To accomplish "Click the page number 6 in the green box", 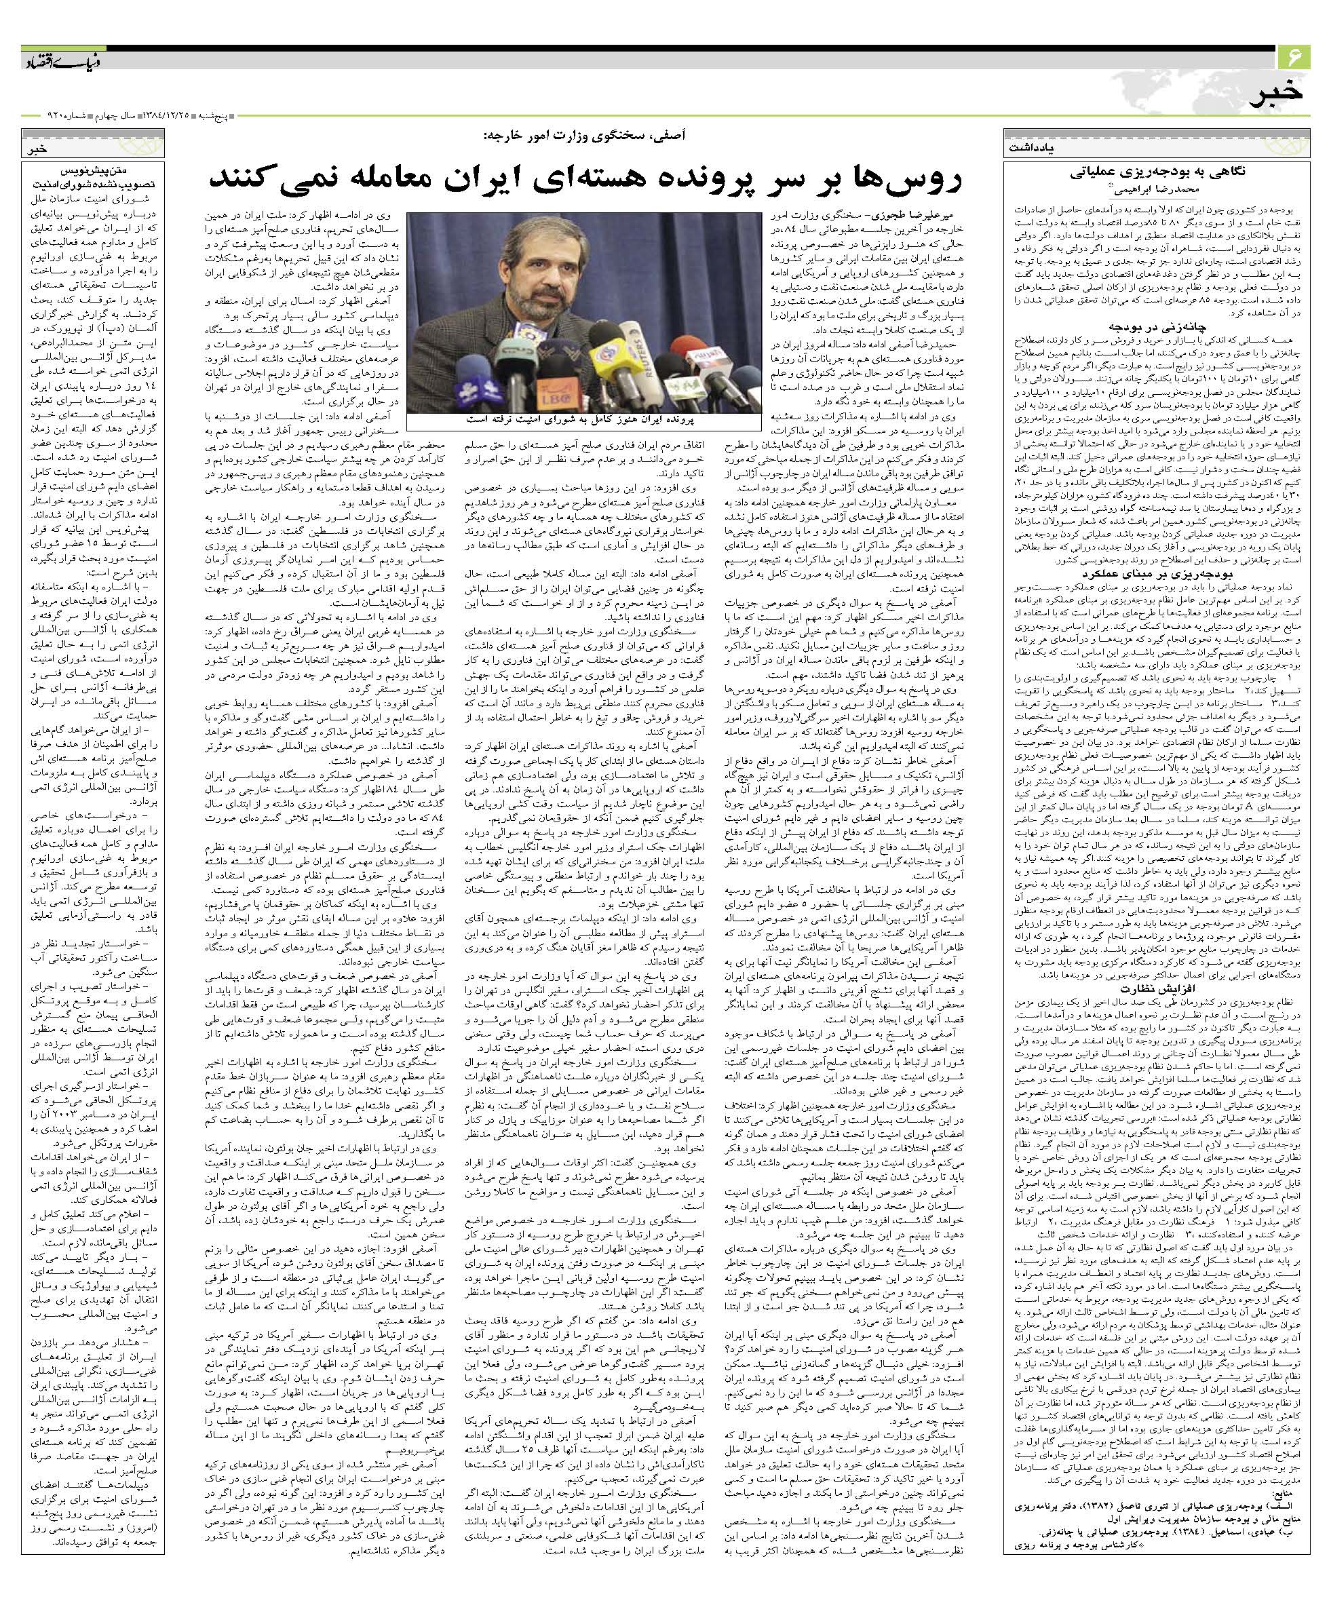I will [1294, 57].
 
